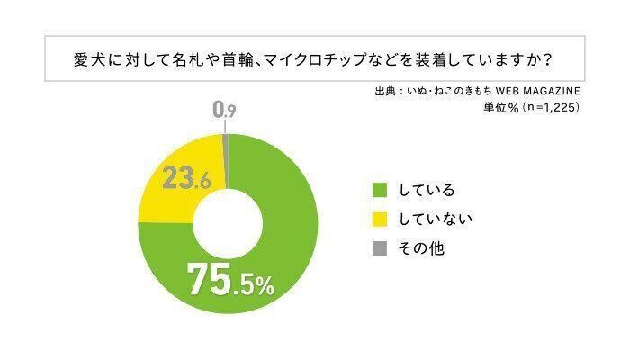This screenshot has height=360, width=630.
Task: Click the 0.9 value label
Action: click(x=225, y=111)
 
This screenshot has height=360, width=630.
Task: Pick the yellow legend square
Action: click(x=381, y=218)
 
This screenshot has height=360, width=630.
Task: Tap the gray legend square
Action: click(x=381, y=247)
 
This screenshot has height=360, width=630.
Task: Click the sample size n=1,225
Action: click(x=544, y=107)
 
